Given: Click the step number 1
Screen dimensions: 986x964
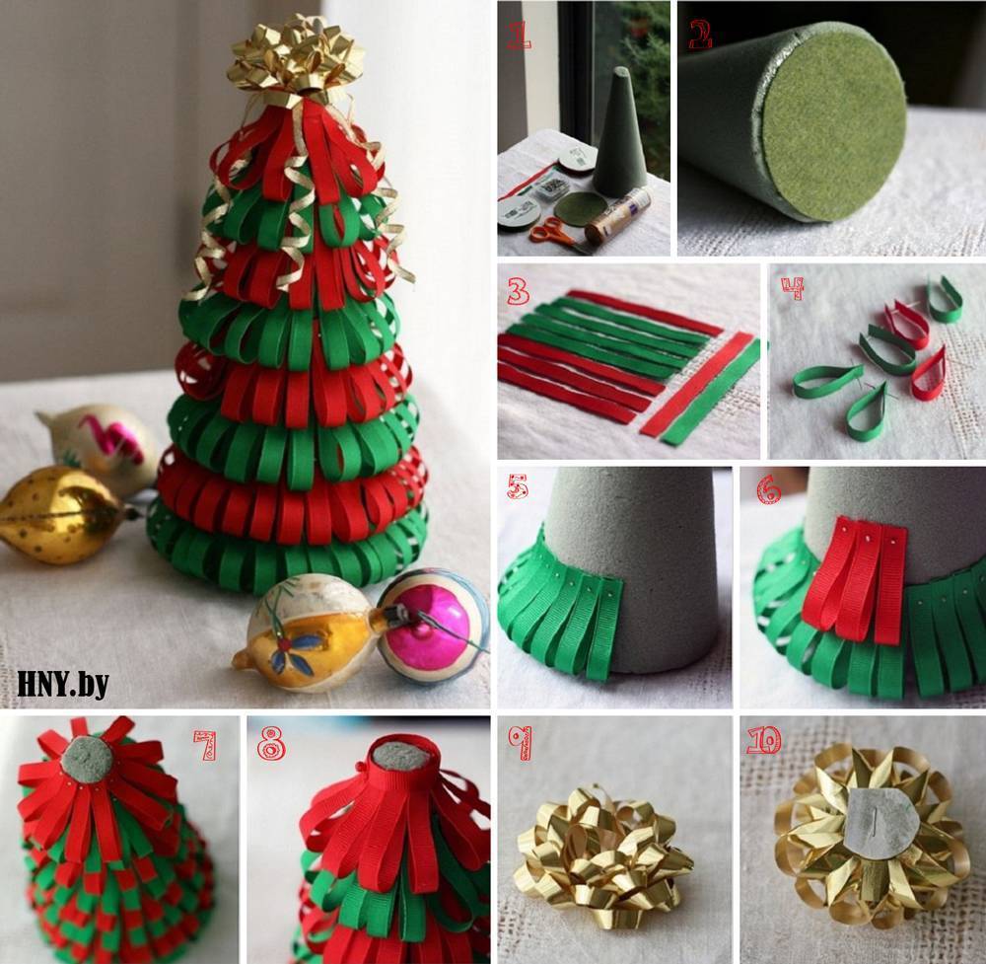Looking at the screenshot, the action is (519, 36).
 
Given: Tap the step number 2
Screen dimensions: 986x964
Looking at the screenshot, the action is (700, 35).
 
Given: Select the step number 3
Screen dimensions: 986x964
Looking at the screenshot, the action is (519, 291).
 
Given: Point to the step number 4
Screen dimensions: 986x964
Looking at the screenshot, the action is (793, 287).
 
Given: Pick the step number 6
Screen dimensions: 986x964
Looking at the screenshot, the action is (768, 489).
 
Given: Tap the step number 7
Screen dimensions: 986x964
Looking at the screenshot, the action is (205, 745).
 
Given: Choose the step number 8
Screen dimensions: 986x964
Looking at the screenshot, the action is (271, 745).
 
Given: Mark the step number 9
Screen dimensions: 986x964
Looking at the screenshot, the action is (520, 743).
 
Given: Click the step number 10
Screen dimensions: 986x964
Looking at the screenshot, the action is (763, 740).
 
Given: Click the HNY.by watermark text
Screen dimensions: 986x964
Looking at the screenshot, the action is (63, 684).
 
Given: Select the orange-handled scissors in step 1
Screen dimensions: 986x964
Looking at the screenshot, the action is (553, 233).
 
